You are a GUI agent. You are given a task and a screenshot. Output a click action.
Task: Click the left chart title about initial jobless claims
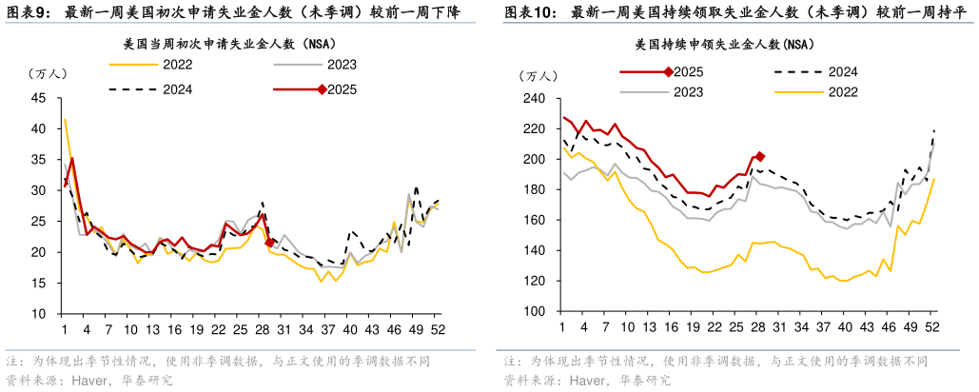coord(229,44)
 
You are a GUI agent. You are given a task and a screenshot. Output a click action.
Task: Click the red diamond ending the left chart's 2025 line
coord(270,243)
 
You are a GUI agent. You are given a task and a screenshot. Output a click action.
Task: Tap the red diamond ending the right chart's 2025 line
coord(759,156)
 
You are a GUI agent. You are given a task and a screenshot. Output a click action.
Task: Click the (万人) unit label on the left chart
coord(45,74)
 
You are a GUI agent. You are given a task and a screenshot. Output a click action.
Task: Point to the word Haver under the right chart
coord(587,380)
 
